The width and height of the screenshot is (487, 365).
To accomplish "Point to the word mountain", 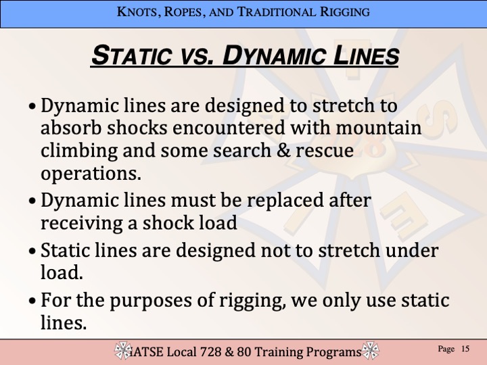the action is click(x=378, y=128).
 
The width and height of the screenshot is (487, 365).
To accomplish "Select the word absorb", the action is click(x=71, y=128).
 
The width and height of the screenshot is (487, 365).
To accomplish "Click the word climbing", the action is click(x=79, y=151).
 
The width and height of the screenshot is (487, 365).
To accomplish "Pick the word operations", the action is click(x=91, y=174).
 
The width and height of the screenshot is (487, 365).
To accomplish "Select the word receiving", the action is click(x=82, y=224).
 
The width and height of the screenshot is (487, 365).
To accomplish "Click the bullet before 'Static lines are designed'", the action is click(x=32, y=251).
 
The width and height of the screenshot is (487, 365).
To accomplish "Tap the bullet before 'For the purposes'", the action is click(x=32, y=300).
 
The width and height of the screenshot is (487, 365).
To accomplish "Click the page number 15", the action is click(x=465, y=349).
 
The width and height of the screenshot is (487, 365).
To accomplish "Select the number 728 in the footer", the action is click(x=210, y=352).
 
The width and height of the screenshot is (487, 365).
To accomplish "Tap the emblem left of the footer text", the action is click(x=123, y=351).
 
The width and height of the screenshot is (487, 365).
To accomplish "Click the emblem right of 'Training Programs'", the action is click(x=370, y=351).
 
